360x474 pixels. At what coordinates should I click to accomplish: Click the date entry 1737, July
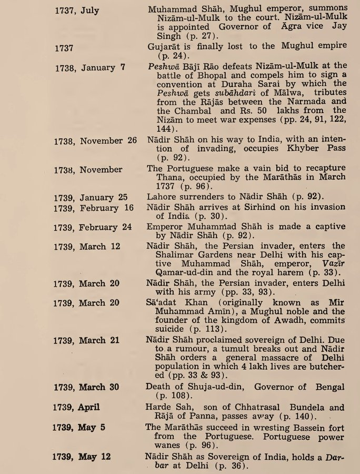pyautogui.click(x=77, y=10)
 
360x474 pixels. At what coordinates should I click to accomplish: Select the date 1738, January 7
pyautogui.click(x=89, y=67)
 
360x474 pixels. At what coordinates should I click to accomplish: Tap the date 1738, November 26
pyautogui.click(x=95, y=141)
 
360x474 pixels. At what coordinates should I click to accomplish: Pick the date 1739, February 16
pyautogui.click(x=94, y=208)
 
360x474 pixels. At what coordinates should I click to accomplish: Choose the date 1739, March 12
pyautogui.click(x=86, y=246)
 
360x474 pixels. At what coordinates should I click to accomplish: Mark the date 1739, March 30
pyautogui.click(x=86, y=387)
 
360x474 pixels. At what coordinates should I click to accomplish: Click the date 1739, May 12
pyautogui.click(x=82, y=456)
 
